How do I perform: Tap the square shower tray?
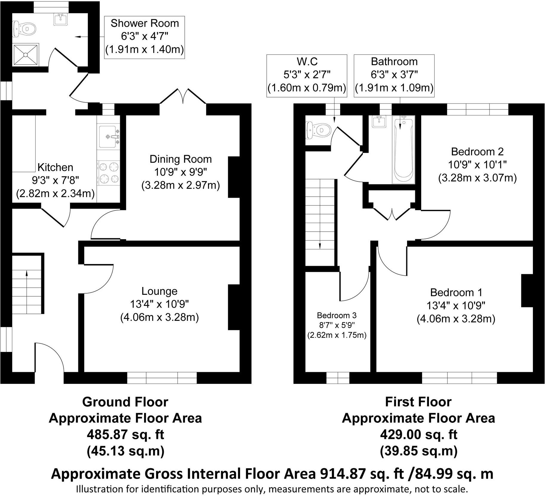point(26,55)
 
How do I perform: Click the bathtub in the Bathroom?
point(404,150)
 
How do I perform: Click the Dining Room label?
point(181,159)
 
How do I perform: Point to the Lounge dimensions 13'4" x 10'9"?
point(159,304)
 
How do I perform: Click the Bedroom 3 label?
point(337,315)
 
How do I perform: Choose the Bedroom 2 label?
point(477,152)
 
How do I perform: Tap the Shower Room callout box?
point(145,37)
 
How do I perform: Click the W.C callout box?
point(307,76)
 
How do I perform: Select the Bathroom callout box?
point(394,76)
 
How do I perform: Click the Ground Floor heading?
point(125,402)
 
